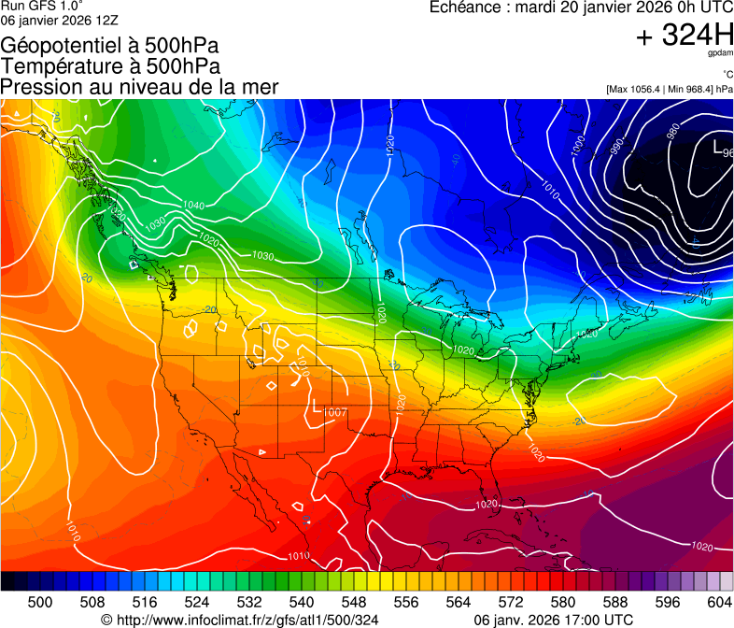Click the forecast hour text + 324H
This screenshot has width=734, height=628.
coord(685,36)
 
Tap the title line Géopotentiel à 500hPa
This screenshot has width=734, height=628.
coord(110,45)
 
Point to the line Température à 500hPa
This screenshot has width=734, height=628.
coord(110,65)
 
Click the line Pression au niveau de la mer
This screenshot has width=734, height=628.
coord(139,86)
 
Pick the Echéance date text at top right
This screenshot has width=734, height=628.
coord(581,7)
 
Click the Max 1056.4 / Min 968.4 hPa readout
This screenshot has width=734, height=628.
coord(670,90)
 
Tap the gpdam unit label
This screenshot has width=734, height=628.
coord(719,55)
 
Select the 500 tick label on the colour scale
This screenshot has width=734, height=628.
coord(40,602)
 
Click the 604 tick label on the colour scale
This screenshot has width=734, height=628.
coord(719,602)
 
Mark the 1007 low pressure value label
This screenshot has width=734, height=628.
coord(335,413)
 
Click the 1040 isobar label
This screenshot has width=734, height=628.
coord(193,206)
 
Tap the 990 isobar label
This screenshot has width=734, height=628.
coord(616,148)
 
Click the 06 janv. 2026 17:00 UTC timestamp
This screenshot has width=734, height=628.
coord(554,620)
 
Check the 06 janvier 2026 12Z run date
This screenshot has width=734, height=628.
coord(59,20)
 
